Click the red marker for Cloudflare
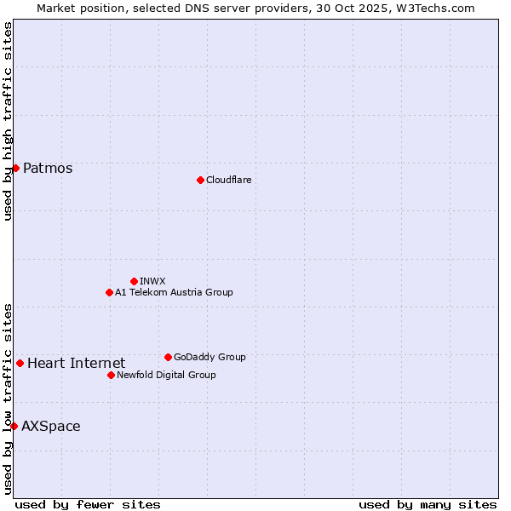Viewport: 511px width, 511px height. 200,180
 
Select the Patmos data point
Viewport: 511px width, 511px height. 15,168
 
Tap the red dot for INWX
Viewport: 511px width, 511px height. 134,281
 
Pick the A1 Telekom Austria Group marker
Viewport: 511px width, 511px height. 109,292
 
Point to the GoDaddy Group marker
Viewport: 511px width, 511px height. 168,357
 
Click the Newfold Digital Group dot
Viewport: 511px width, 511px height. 111,375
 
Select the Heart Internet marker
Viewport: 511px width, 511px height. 20,363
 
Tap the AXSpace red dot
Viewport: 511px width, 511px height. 14,426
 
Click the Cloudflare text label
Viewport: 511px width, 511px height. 228,180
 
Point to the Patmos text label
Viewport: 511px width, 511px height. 48,168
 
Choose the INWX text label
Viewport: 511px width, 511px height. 152,281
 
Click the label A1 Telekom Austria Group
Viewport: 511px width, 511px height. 174,292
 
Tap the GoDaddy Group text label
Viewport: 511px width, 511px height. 210,357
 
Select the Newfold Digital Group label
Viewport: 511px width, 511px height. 166,375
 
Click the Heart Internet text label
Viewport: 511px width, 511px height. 76,363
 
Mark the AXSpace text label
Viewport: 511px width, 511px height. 51,426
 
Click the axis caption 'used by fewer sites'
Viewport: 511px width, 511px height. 88,504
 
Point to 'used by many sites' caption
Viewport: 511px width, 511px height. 428,504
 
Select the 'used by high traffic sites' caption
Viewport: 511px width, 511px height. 8,121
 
